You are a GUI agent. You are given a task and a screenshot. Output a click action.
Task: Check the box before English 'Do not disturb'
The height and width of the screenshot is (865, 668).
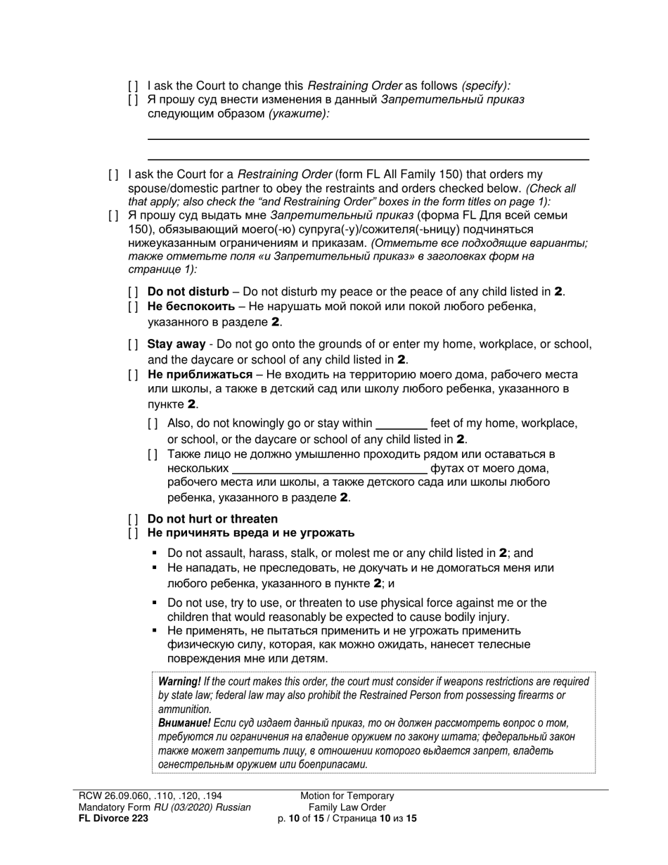(x=134, y=292)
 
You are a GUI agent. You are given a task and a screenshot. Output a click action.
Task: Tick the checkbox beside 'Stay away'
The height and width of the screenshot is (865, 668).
(x=134, y=345)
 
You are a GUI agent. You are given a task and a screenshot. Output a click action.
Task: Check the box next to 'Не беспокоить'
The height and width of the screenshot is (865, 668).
(x=134, y=307)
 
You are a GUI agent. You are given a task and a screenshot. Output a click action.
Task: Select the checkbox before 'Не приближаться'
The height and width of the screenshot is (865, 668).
(x=134, y=375)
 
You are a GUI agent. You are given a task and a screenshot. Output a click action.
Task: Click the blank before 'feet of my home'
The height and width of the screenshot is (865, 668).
(x=402, y=424)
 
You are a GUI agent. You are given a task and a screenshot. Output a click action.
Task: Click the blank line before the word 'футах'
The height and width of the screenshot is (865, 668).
(x=329, y=469)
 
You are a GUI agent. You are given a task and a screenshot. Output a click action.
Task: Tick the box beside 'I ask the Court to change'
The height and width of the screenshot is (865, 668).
(x=134, y=86)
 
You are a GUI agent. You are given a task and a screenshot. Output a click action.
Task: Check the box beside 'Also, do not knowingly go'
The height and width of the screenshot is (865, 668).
(x=153, y=424)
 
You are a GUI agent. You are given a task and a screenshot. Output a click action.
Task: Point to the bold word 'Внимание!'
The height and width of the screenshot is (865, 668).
(x=184, y=723)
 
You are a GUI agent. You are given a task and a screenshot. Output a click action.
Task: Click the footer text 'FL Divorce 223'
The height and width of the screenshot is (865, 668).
(x=113, y=819)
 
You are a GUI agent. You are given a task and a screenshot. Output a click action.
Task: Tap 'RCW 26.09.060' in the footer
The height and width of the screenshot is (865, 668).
(x=110, y=796)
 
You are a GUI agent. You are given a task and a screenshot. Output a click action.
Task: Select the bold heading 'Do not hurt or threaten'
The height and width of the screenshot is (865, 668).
(x=212, y=519)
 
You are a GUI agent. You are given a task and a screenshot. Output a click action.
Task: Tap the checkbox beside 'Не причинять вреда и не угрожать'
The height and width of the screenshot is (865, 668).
(x=134, y=533)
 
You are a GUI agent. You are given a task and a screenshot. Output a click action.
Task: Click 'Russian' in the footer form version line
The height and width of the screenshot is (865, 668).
(x=230, y=807)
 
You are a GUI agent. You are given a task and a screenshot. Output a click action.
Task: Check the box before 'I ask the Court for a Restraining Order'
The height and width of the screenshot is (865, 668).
(x=114, y=174)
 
